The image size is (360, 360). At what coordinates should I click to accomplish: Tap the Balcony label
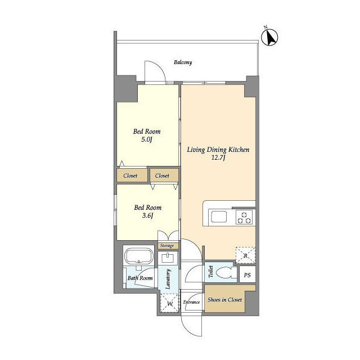[183, 62]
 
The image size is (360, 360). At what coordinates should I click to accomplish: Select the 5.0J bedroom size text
[147, 141]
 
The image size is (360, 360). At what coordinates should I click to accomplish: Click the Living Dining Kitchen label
[218, 150]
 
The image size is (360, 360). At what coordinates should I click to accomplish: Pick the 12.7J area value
[218, 159]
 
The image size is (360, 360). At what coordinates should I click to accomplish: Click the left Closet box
[130, 175]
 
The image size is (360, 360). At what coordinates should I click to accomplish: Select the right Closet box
[162, 175]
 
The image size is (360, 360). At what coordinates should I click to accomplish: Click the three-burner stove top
[244, 217]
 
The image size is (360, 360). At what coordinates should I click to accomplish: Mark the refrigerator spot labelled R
[245, 255]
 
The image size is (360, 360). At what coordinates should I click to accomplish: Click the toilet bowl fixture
[228, 274]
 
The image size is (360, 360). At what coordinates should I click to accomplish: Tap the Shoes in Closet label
[225, 300]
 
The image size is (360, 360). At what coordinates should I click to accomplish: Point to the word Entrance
[192, 303]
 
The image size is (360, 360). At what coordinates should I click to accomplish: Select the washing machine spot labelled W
[169, 304]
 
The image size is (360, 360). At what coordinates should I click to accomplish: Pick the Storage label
[167, 246]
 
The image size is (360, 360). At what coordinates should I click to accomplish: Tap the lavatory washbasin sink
[167, 259]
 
